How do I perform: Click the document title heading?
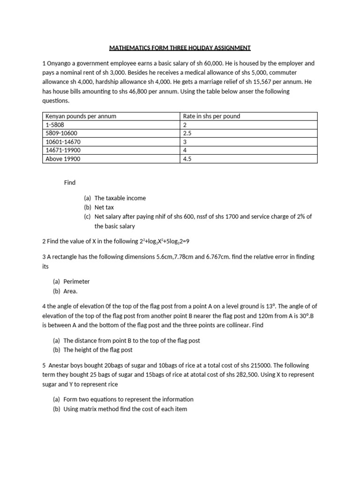pyautogui.click(x=180, y=48)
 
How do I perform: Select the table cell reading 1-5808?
pyautogui.click(x=55, y=125)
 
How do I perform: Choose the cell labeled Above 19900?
pyautogui.click(x=63, y=159)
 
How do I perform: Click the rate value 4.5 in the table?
pyautogui.click(x=187, y=159)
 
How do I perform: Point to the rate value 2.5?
pyautogui.click(x=187, y=134)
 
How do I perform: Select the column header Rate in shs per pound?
pyautogui.click(x=211, y=116)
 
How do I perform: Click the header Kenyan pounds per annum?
pyautogui.click(x=81, y=116)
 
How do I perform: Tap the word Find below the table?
pyautogui.click(x=70, y=182)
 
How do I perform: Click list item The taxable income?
pyautogui.click(x=120, y=198)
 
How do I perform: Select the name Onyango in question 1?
pyautogui.click(x=60, y=63)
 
